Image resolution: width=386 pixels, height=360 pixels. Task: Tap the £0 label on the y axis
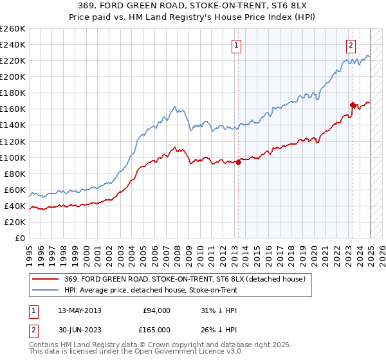coord(19,239)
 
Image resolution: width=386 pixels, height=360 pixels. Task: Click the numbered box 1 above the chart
coord(237,46)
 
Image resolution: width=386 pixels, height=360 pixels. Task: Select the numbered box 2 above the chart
coord(351,46)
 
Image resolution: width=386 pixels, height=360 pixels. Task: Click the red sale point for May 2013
coord(238,162)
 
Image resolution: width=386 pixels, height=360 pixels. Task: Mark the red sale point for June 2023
coord(353,105)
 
